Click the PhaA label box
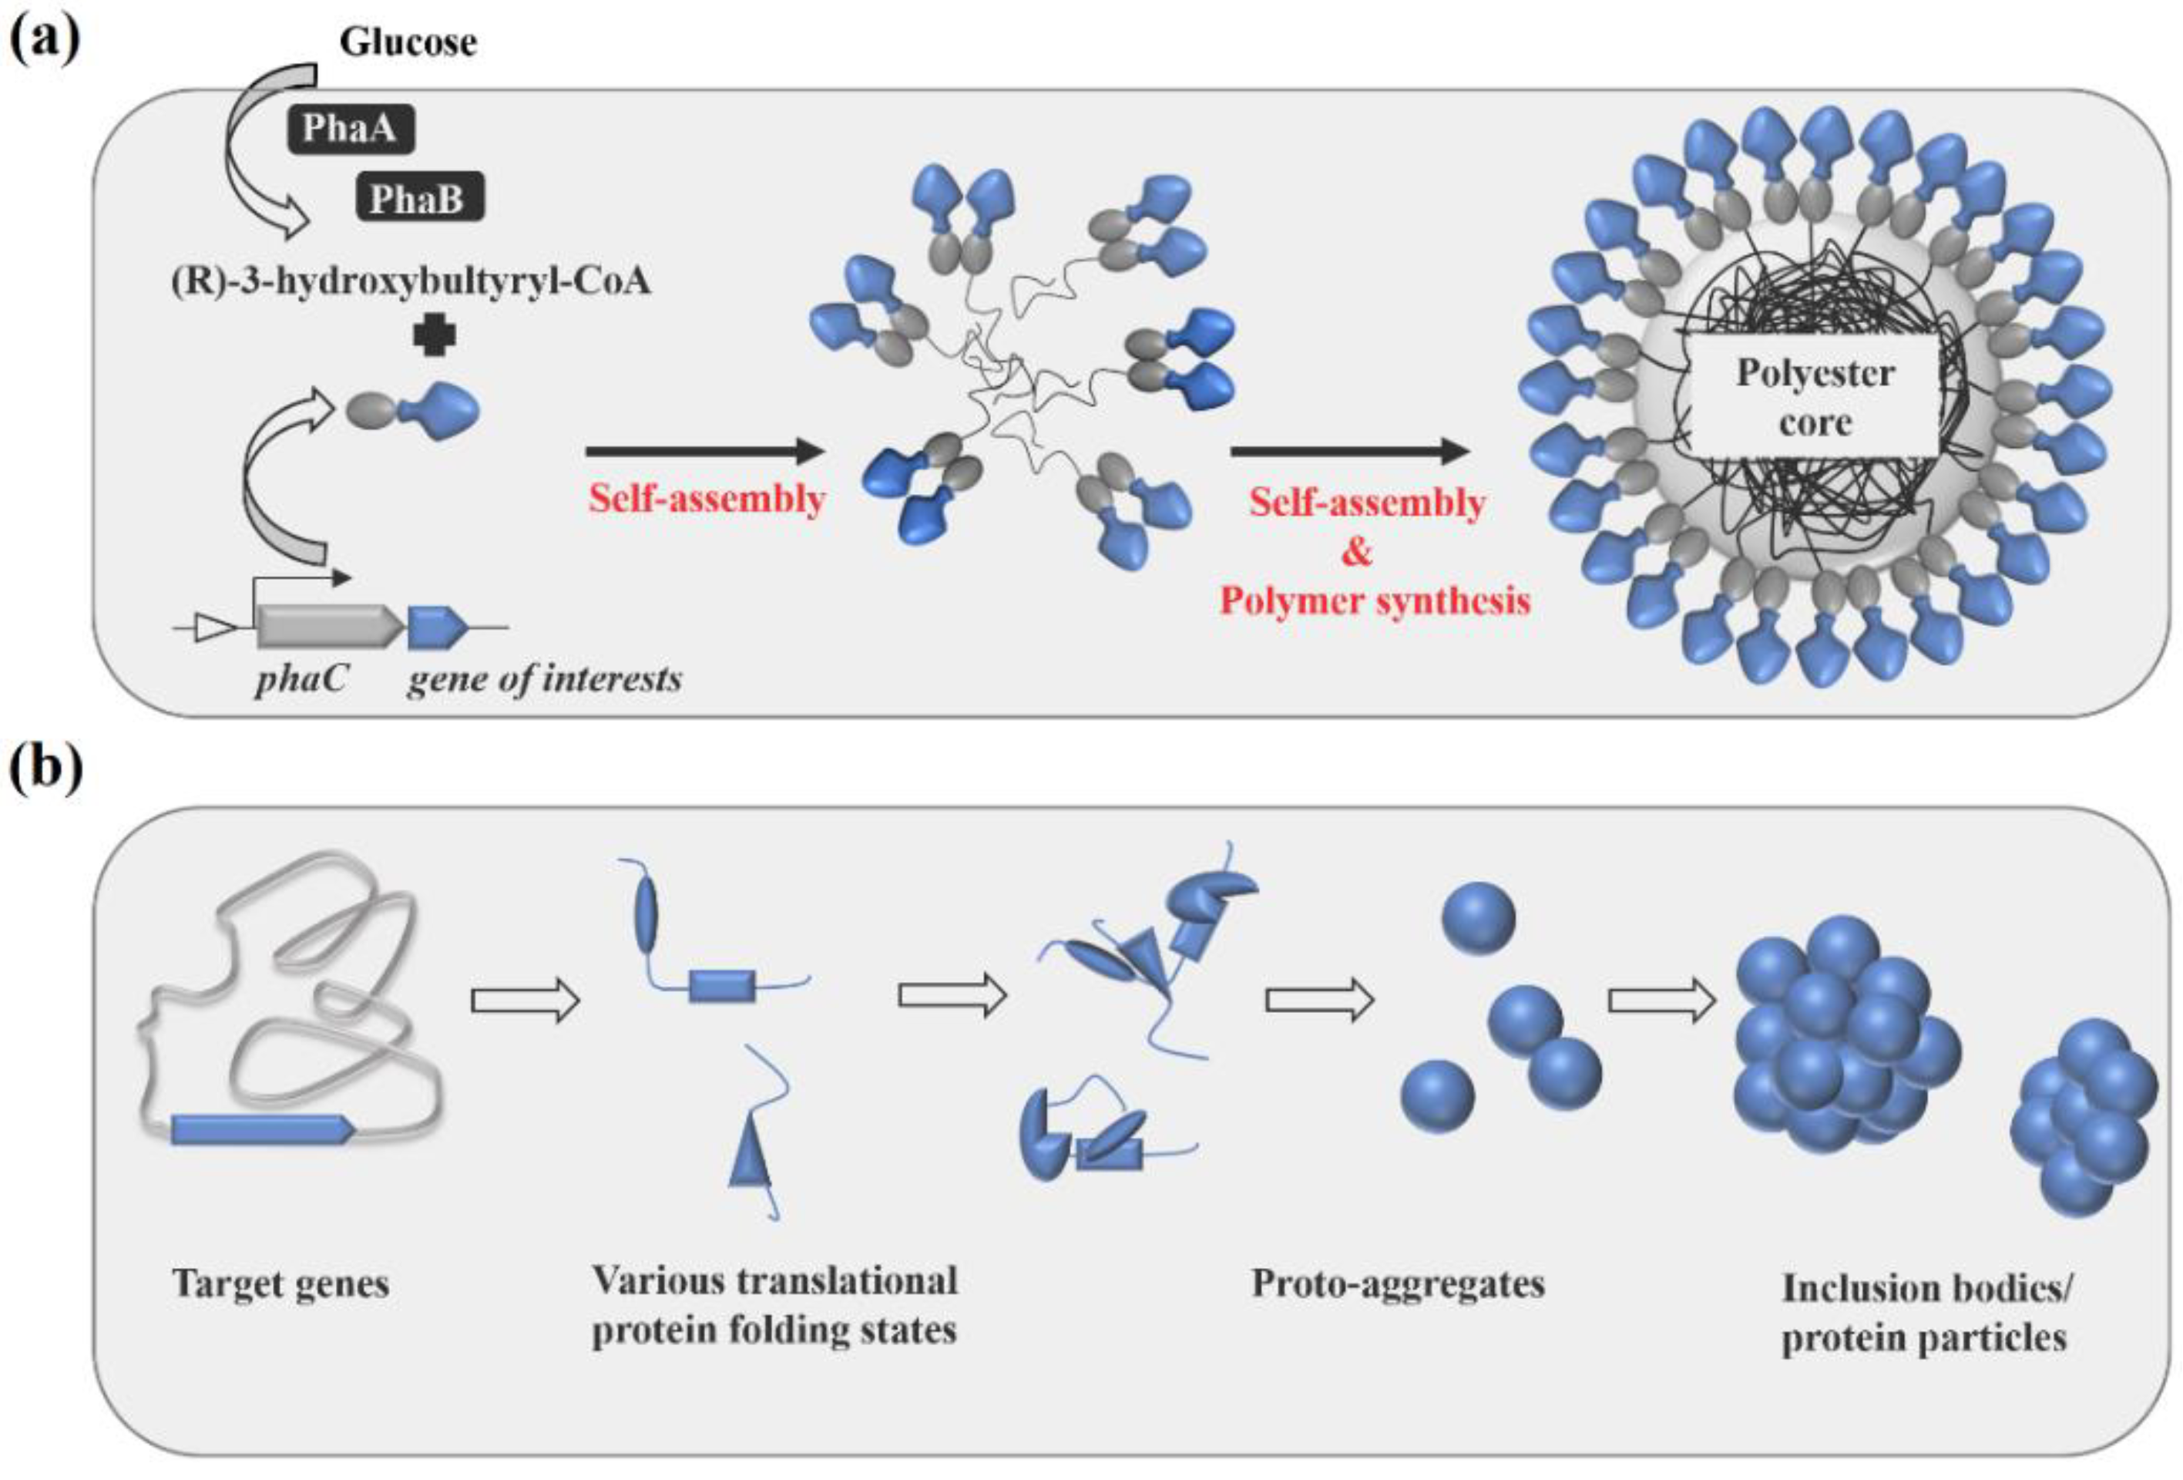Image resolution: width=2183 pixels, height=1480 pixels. tap(349, 128)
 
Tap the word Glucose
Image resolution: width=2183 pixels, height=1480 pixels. tap(408, 42)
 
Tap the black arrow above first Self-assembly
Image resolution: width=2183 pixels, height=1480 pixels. tap(704, 452)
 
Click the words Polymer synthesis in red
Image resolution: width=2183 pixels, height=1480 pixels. tap(1374, 600)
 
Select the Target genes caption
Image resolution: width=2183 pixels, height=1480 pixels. tap(280, 1283)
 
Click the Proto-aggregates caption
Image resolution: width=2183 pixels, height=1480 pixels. tap(1397, 1283)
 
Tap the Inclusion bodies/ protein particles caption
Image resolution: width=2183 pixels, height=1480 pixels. tap(1925, 1312)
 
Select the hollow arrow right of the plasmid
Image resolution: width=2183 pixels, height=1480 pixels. tap(525, 1000)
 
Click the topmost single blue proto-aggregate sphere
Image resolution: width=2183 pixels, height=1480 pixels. tap(1478, 918)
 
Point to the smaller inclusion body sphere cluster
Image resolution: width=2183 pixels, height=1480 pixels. tap(2083, 1115)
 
